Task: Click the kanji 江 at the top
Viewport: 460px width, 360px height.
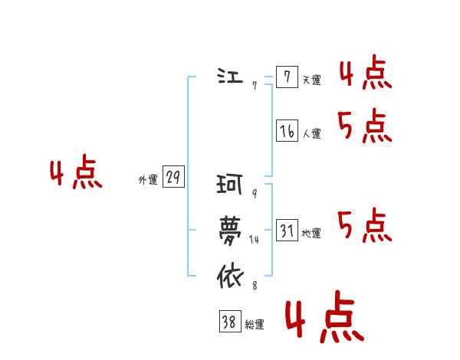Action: coord(229,77)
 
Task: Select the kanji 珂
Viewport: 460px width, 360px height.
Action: coord(230,185)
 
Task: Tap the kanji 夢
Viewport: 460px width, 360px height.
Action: coord(230,229)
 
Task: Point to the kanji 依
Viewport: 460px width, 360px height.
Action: coord(230,275)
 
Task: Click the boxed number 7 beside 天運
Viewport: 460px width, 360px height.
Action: coord(286,77)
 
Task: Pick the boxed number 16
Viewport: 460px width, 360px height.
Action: coord(286,131)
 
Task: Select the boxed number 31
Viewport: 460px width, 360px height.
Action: coord(286,230)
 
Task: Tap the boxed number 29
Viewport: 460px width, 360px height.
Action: coord(173,178)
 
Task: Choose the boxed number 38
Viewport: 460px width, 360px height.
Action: coord(228,322)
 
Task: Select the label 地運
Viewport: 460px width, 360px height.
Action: coord(311,233)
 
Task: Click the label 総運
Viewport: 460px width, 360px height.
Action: coord(254,325)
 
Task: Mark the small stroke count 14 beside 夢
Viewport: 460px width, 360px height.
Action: coord(255,240)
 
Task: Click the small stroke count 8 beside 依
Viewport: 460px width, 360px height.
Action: coord(254,286)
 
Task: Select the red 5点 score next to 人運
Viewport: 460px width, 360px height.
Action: coord(365,126)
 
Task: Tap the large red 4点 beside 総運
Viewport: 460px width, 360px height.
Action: coord(323,320)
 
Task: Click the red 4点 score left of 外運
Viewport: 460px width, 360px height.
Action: coord(76,174)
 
